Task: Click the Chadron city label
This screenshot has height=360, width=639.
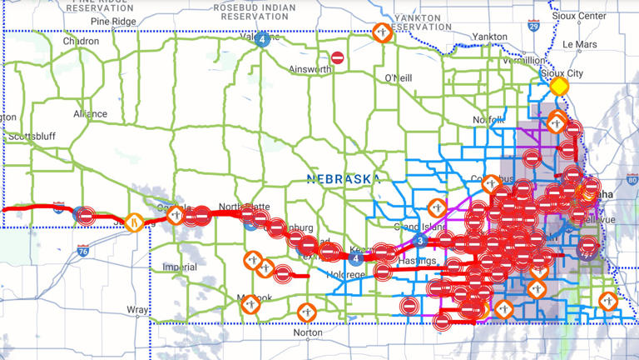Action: (x=81, y=41)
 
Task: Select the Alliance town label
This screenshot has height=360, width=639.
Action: (x=90, y=114)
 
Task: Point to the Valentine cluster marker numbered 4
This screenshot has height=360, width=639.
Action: (x=262, y=38)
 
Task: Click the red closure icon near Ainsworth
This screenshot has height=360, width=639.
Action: (x=337, y=57)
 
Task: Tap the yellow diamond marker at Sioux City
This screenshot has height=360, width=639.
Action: (x=559, y=86)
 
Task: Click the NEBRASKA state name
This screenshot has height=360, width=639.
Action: (x=343, y=179)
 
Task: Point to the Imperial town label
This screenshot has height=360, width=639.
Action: (x=180, y=267)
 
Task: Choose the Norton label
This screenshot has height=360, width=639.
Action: (x=307, y=332)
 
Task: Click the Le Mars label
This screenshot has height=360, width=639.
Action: (x=580, y=44)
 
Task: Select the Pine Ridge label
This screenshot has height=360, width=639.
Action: (x=113, y=20)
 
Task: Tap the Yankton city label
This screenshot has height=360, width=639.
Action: (x=489, y=37)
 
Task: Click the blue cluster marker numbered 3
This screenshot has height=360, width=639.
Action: (x=420, y=242)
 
